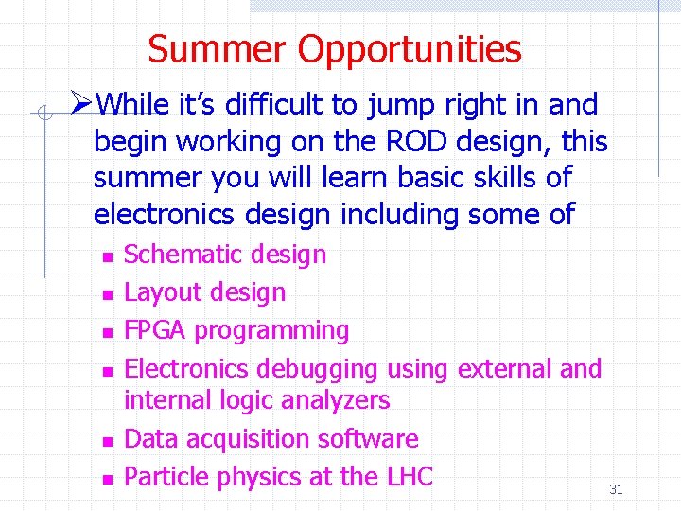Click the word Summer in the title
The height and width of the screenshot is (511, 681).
[x=218, y=49]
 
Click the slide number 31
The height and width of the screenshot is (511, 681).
[x=616, y=489]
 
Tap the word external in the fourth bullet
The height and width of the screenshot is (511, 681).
[x=505, y=368]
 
